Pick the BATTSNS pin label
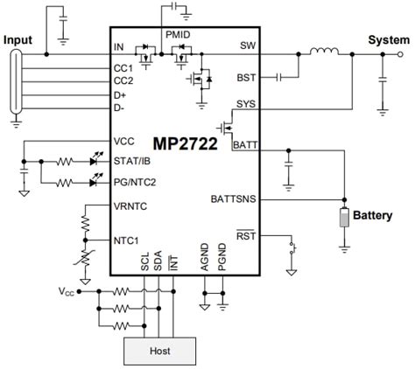(233, 198)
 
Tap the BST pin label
(246, 77)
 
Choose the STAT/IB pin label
(131, 161)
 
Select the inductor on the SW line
(326, 51)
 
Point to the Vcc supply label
(65, 292)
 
